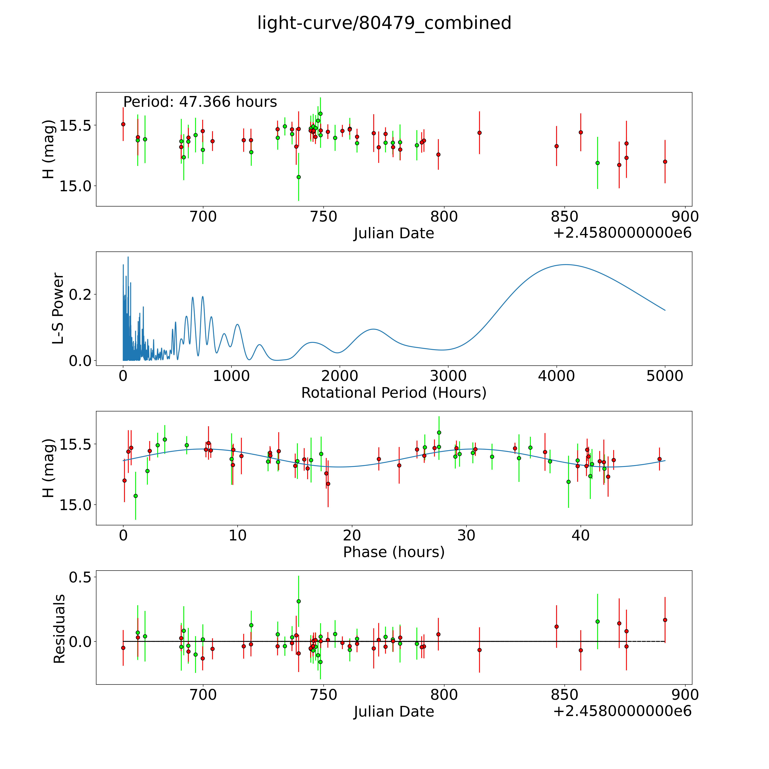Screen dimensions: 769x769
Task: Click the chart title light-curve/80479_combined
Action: click(x=384, y=23)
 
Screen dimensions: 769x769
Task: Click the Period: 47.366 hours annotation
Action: click(x=200, y=102)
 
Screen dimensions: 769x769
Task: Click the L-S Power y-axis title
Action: click(x=58, y=308)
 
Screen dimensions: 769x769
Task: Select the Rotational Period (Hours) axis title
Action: click(x=394, y=393)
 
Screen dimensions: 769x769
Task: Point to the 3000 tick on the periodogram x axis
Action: click(x=448, y=376)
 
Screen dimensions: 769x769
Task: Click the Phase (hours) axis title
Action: click(x=394, y=552)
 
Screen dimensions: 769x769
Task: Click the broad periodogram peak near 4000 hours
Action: click(x=565, y=265)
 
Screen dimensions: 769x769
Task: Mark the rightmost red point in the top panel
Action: click(x=665, y=162)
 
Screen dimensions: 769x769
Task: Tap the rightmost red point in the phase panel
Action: click(x=659, y=459)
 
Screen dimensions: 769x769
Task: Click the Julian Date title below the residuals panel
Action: click(x=394, y=712)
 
